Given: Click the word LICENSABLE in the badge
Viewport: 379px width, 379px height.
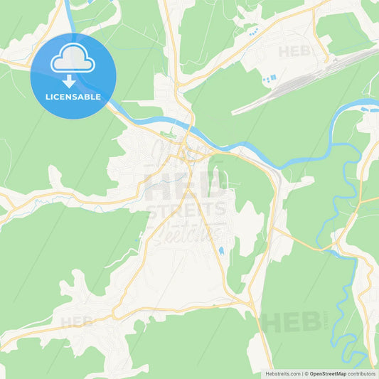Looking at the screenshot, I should pyautogui.click(x=72, y=96).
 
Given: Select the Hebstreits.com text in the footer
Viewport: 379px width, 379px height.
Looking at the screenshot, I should pyautogui.click(x=283, y=373).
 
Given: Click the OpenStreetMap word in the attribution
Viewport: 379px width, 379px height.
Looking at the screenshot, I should pyautogui.click(x=328, y=373).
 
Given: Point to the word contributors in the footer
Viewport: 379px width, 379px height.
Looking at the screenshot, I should pyautogui.click(x=362, y=373).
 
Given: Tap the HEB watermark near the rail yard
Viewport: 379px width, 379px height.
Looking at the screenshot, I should pyautogui.click(x=294, y=51).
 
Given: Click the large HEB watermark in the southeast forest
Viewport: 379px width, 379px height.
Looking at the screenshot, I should pyautogui.click(x=291, y=321).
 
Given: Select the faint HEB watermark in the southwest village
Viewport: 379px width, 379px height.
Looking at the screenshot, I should pyautogui.click(x=77, y=321).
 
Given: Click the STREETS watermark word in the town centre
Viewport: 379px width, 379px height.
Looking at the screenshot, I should pyautogui.click(x=186, y=209).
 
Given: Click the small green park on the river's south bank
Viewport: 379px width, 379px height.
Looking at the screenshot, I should pyautogui.click(x=168, y=135).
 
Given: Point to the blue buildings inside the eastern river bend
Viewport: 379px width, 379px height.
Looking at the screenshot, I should pyautogui.click(x=365, y=110).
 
